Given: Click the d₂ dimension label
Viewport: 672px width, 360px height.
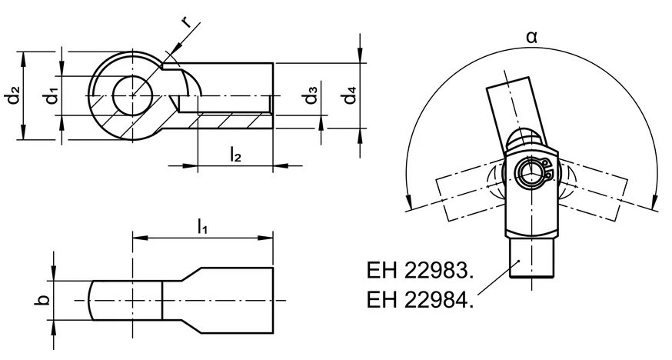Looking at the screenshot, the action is click(13, 95).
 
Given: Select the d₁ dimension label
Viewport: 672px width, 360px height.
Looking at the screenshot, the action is click(52, 95).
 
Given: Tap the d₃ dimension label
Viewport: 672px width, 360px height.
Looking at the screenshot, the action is click(311, 95).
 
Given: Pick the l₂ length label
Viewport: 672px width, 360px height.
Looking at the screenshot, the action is click(235, 155).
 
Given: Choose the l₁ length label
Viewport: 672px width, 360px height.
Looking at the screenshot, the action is click(202, 226).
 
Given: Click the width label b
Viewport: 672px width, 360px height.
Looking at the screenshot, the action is click(42, 300).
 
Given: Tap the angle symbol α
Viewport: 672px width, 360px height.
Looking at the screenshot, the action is click(531, 38).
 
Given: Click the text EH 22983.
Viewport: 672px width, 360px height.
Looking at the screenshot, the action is click(420, 271).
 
